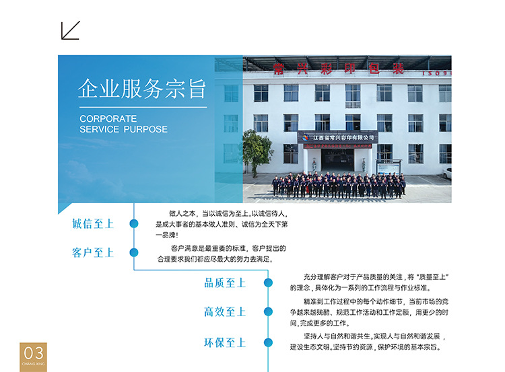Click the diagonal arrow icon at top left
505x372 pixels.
tap(70, 30)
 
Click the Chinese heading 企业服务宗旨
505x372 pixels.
tap(141, 89)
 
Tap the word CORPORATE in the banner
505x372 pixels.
tap(108, 118)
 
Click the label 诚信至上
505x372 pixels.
tap(93, 223)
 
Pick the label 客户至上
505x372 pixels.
tap(93, 252)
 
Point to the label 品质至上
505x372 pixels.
tap(225, 283)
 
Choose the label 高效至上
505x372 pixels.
tap(225, 311)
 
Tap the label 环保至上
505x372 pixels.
tap(225, 342)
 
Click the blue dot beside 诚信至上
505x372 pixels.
tap(134, 223)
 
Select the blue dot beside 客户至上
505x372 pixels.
tap(134, 252)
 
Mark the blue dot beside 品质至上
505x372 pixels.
tap(268, 283)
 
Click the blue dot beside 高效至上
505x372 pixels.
tap(268, 311)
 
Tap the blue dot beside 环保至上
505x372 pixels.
tap(268, 342)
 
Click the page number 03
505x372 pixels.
tap(33, 352)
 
